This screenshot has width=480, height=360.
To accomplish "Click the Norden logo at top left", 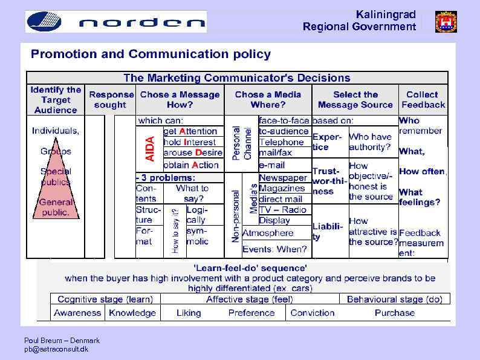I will pos(115,22).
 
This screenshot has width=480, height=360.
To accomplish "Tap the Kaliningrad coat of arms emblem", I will pos(446,22).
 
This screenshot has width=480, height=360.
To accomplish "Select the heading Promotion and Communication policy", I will pos(151,54).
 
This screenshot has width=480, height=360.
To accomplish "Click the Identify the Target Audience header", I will pos(56,100).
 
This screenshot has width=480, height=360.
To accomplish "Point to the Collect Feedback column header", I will pos(422,99).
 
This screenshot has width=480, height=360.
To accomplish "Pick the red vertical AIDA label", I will pos(150,148).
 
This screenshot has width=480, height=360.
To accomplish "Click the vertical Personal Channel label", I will pos(242,143).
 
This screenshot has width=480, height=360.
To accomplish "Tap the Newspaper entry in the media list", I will pos(283,178).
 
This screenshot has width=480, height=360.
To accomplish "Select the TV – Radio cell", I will pos(283,210).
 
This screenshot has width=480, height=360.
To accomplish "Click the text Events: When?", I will pos(274,249).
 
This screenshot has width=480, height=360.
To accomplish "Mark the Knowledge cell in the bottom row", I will pos(132,313).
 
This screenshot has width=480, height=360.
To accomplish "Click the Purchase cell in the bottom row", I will pos(394,313).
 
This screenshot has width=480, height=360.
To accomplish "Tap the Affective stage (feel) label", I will pos(249,299).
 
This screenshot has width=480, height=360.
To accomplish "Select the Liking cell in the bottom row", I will pos(189,313).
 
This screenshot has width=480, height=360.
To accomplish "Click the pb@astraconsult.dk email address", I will pos(56,349).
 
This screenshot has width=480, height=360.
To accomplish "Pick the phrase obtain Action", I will pos(191,165).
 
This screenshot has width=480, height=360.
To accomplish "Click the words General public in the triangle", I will pos(56,208).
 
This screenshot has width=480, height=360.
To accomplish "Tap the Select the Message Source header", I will pos(355,99).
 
